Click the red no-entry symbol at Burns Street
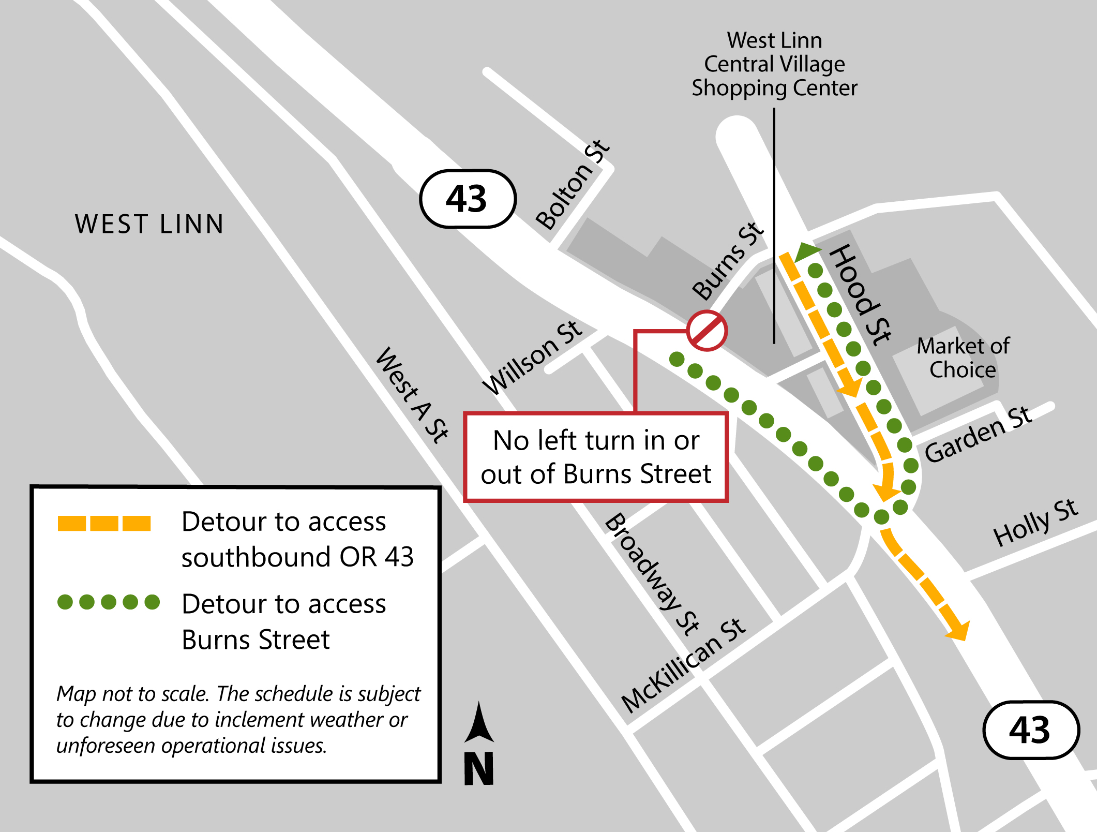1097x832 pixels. click(x=707, y=331)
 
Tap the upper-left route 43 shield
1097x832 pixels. click(x=468, y=199)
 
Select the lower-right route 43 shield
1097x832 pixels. click(x=1030, y=730)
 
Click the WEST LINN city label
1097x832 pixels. click(x=149, y=225)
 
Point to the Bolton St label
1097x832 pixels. click(x=573, y=185)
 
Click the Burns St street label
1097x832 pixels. click(x=728, y=261)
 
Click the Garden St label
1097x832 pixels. click(x=978, y=435)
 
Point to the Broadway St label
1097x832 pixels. click(x=652, y=574)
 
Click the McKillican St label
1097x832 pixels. click(x=683, y=665)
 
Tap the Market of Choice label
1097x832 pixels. click(x=963, y=358)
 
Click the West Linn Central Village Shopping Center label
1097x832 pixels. click(x=774, y=64)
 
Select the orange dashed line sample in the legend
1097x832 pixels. click(x=104, y=523)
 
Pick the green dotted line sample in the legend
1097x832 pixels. click(x=109, y=602)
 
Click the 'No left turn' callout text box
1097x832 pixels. click(x=596, y=457)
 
